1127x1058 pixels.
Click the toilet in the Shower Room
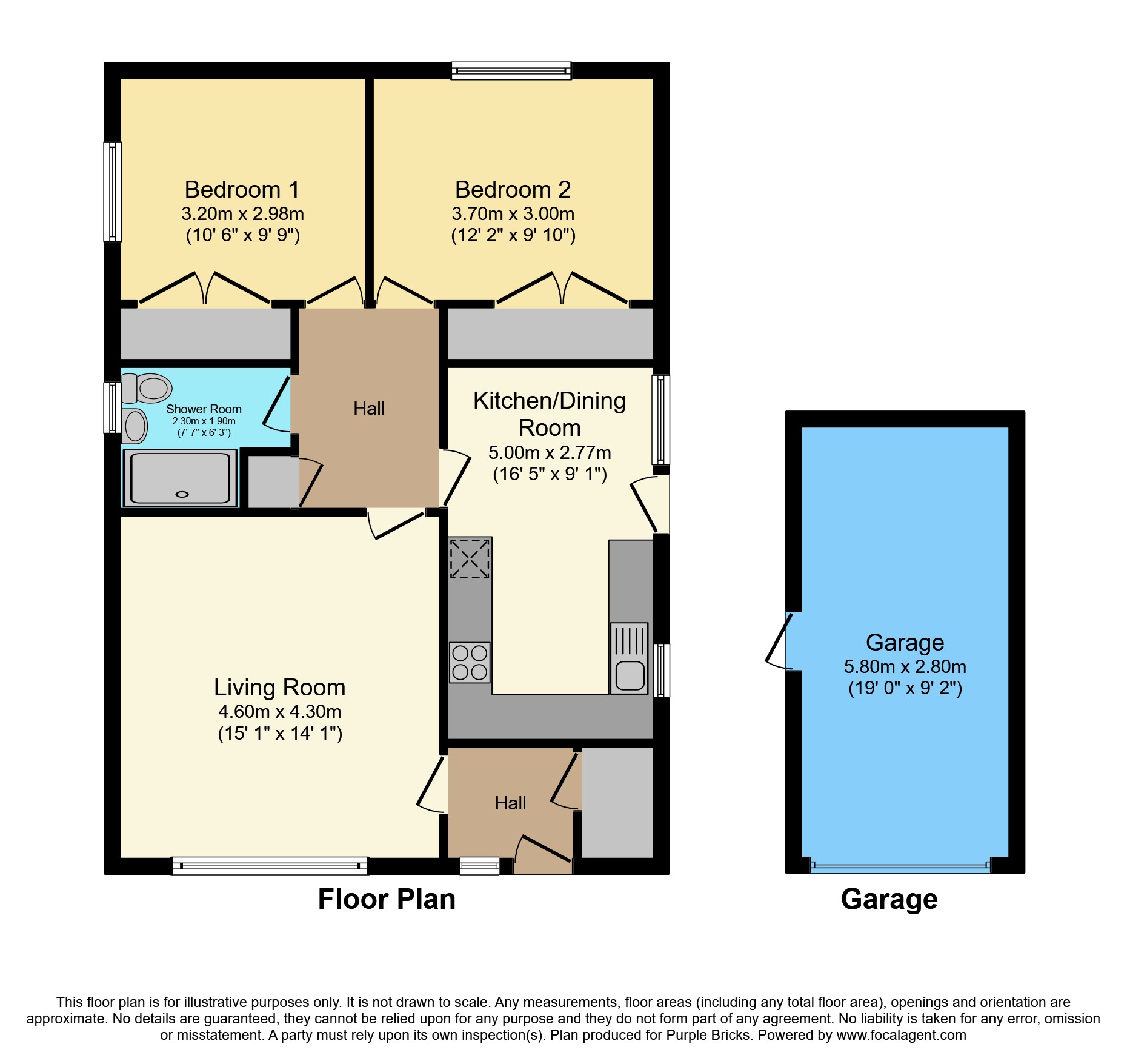[x=147, y=388]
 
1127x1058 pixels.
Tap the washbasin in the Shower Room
[x=135, y=426]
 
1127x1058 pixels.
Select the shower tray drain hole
[x=182, y=495]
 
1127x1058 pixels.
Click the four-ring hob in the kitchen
[x=470, y=662]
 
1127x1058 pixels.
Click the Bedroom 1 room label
[x=242, y=190]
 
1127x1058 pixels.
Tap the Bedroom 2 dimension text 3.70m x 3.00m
[x=513, y=214]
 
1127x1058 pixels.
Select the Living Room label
[x=280, y=688]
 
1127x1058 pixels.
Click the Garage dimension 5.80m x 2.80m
[x=905, y=667]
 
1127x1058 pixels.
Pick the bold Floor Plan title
[x=387, y=899]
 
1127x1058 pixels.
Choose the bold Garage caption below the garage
[x=889, y=900]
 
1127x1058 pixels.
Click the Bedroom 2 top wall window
[x=511, y=71]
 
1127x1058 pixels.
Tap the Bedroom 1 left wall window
[x=113, y=192]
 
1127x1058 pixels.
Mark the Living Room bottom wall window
[x=270, y=865]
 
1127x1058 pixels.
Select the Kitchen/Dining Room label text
[x=550, y=414]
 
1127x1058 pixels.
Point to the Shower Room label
[x=204, y=409]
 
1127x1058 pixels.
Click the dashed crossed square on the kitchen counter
[x=470, y=558]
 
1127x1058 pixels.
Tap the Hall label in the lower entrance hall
[x=510, y=803]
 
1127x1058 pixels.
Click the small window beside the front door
[x=479, y=865]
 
